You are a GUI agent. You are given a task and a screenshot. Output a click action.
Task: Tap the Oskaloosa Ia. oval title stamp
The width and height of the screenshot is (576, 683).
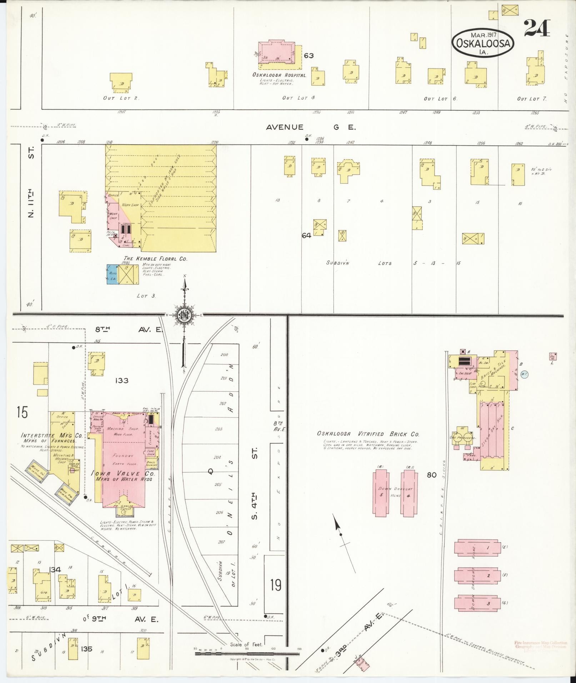484,43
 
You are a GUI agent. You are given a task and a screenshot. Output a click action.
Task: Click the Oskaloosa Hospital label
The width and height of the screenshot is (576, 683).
279,75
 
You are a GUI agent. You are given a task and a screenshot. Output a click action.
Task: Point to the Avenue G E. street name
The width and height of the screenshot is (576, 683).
311,127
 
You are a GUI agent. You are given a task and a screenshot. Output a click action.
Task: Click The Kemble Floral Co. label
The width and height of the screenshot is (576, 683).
155,258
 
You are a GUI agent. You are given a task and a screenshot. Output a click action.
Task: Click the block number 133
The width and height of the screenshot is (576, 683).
121,381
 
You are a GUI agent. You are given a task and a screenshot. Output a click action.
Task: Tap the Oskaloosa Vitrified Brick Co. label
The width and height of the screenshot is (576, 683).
368,434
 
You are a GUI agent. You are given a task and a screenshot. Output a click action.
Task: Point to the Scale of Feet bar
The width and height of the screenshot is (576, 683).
247,653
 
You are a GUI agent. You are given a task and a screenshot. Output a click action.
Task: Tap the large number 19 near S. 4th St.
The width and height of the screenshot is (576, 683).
275,586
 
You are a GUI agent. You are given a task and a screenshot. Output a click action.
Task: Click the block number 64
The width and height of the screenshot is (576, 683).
306,235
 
